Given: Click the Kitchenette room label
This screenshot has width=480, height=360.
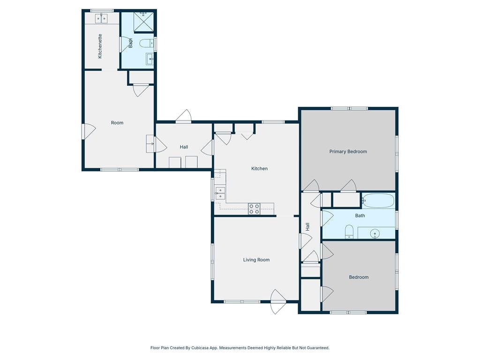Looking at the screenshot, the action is pos(100,46).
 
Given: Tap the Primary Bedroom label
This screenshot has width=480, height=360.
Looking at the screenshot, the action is pos(348,151).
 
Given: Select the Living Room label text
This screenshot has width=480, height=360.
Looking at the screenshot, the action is pos(256,260).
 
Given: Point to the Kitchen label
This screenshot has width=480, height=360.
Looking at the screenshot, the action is pos(259,169).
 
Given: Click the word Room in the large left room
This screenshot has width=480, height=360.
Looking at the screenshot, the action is pos(117,123).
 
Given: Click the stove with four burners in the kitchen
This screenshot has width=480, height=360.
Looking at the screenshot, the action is pos(254,209).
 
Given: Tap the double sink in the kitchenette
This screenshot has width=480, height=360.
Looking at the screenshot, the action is pos(101,19).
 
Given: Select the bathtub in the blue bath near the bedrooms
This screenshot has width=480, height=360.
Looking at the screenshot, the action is pos(378,201).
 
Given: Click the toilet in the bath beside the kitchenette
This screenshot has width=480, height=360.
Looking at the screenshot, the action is pos(147,44).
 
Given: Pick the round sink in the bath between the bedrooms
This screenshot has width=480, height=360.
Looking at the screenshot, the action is pos(375,234).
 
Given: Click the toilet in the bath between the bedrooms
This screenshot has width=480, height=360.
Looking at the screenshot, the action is pos(349,232).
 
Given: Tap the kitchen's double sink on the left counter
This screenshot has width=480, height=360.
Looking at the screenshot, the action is pos(220,193).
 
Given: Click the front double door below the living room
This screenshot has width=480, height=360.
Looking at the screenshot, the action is pos(278,302).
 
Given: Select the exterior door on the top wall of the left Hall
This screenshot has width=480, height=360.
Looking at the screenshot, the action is pos(184,117).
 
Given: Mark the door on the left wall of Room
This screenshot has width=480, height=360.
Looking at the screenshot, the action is pos(89,131).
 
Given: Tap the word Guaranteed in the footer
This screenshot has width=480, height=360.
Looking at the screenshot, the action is pos(318,348).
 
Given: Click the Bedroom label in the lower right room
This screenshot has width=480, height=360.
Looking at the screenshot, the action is pos(359,277).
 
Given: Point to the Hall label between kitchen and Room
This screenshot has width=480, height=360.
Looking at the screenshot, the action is pos(184,147).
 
